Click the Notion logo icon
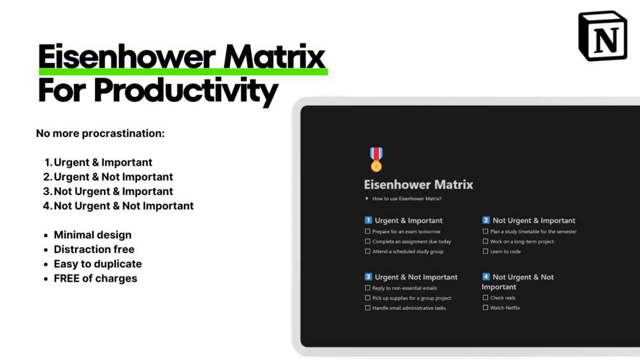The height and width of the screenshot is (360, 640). click(x=602, y=36)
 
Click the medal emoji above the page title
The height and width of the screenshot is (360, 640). click(x=376, y=159)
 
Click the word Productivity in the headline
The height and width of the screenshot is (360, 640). click(x=185, y=90)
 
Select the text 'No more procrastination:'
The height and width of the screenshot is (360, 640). click(x=100, y=133)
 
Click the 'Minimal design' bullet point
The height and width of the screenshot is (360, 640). click(x=92, y=234)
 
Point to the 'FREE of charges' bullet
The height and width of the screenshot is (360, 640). click(x=96, y=278)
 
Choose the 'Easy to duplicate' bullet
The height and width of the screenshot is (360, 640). click(x=97, y=264)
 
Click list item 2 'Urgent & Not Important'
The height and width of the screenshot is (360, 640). click(x=113, y=176)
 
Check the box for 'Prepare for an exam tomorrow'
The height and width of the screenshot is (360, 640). click(x=367, y=231)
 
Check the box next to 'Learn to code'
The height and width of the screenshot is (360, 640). click(x=485, y=251)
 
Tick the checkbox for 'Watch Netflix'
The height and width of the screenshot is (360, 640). click(x=485, y=308)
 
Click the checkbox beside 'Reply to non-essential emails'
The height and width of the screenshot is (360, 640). click(x=367, y=288)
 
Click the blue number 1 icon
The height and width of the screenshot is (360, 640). click(x=368, y=220)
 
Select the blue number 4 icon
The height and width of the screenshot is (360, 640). click(x=486, y=277)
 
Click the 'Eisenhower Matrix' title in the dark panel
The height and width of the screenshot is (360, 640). click(x=418, y=185)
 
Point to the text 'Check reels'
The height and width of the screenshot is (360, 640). click(x=502, y=298)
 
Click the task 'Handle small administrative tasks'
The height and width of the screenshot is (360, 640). click(x=409, y=308)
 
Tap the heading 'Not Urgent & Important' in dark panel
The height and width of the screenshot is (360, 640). click(x=534, y=220)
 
